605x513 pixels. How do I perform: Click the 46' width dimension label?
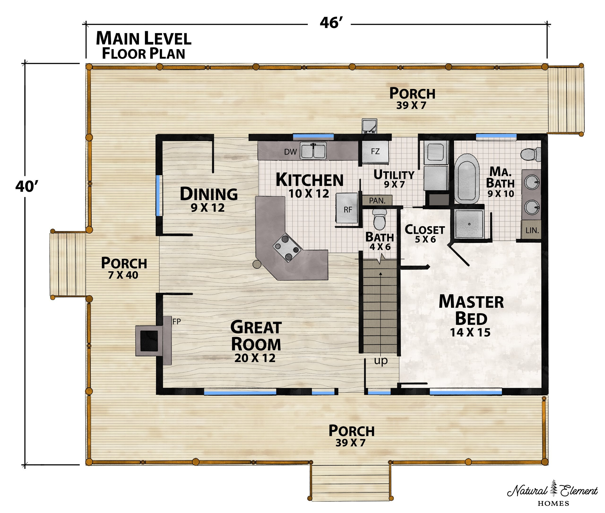coord(331,23)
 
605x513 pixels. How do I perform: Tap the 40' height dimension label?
coord(27,186)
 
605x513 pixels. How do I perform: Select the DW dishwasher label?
coord(290,152)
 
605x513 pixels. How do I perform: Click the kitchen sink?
coord(313,150)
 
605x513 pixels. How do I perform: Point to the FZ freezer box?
coord(375,152)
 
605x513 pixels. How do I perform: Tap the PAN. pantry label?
coord(377,200)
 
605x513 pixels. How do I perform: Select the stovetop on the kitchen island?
coord(287,247)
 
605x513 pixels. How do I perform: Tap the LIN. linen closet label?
coord(532,231)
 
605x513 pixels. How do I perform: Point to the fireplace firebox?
coord(150,341)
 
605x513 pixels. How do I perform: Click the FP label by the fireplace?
coord(177,321)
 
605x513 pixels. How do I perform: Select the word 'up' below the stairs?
coord(381,361)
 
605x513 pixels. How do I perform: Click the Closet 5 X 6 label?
coord(425,234)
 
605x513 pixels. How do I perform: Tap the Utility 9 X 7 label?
coord(394,179)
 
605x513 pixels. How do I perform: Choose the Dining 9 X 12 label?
coord(208,199)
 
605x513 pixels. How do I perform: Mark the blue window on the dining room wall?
coord(159,195)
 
